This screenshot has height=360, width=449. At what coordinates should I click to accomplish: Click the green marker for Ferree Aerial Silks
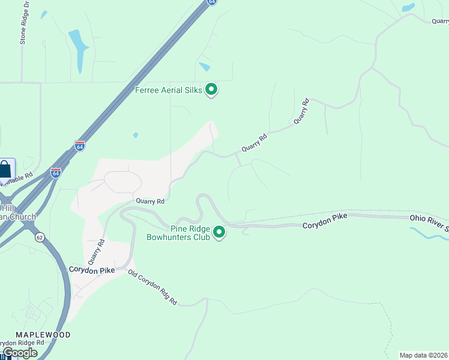[x=211, y=90]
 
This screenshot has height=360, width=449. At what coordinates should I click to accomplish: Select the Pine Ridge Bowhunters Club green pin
[x=220, y=232]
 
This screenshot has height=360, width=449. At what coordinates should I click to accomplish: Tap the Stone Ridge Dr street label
[x=25, y=23]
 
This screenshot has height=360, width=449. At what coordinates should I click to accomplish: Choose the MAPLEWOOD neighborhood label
[x=43, y=335]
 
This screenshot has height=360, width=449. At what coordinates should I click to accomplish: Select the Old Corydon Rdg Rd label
[x=153, y=286]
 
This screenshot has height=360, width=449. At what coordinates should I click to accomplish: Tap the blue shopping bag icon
[x=5, y=169]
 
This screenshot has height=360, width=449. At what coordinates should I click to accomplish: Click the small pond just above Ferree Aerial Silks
[x=205, y=67]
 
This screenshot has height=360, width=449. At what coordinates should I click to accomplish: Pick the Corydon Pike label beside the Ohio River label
[x=325, y=224]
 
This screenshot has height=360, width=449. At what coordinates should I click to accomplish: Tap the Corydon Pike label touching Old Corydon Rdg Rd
[x=91, y=271]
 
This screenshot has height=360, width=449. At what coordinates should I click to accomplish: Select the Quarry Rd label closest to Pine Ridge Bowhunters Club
[x=149, y=202]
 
